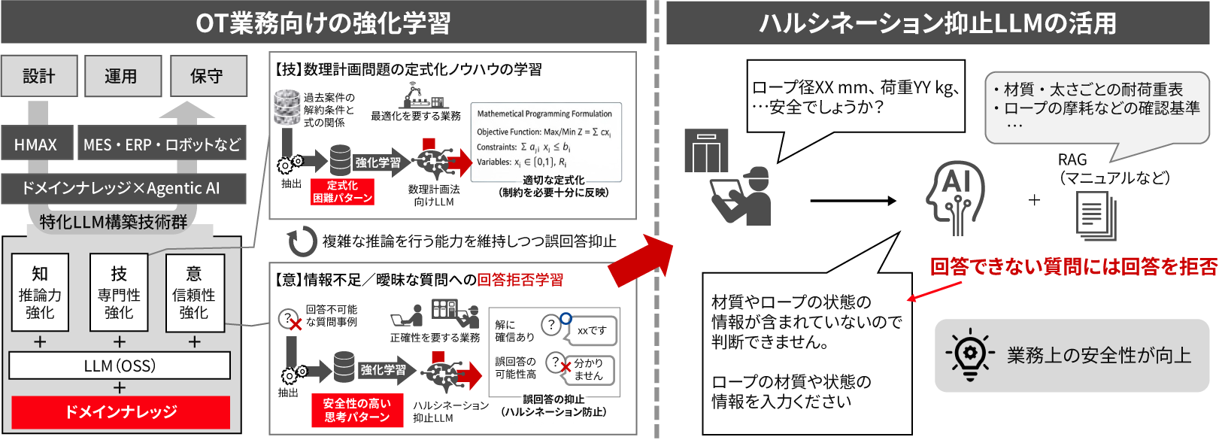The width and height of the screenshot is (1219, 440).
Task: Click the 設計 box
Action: click(x=39, y=76)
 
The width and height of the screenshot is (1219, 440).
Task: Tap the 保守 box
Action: click(x=208, y=76)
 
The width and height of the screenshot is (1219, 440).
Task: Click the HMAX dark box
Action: click(x=36, y=143)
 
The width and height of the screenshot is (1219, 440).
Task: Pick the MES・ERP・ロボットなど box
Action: click(x=162, y=143)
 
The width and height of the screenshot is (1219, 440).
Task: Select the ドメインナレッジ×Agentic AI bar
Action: click(x=123, y=188)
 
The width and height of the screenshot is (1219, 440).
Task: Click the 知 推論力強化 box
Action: click(x=40, y=293)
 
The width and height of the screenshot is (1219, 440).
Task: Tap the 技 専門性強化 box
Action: click(x=119, y=293)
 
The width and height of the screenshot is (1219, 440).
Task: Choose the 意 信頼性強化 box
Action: click(x=194, y=293)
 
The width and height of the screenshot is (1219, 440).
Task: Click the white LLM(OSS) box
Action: click(x=120, y=366)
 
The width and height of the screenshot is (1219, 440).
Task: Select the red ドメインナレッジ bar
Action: click(x=120, y=411)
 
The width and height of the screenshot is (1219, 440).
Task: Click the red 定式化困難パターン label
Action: click(x=342, y=192)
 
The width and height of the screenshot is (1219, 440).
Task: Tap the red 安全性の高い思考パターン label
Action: click(x=356, y=410)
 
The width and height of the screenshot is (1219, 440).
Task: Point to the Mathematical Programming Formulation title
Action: click(x=544, y=114)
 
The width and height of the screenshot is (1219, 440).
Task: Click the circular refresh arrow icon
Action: click(x=302, y=241)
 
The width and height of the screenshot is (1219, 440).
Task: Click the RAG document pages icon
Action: click(x=1096, y=216)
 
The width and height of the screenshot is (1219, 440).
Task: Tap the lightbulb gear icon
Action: click(x=969, y=354)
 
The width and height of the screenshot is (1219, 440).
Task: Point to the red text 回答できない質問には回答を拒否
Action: click(x=1073, y=266)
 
